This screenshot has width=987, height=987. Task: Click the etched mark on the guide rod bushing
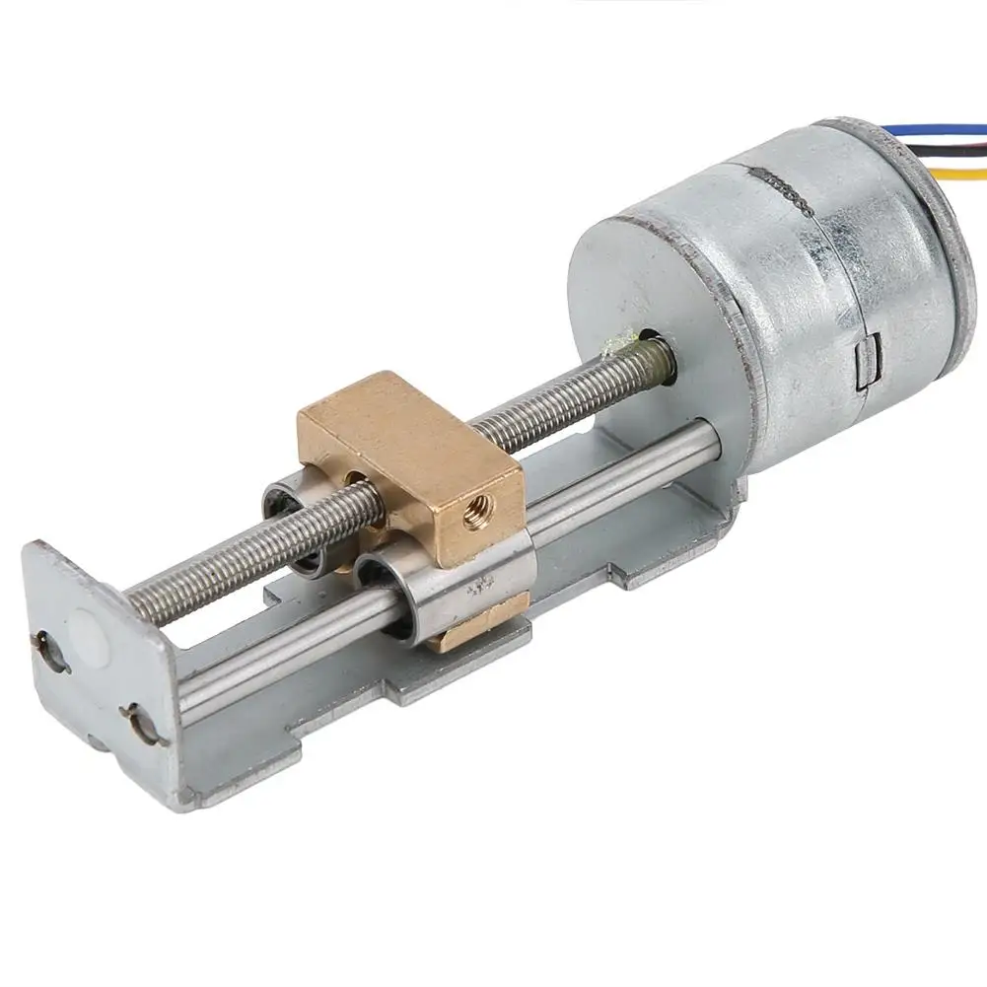coord(480,589)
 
